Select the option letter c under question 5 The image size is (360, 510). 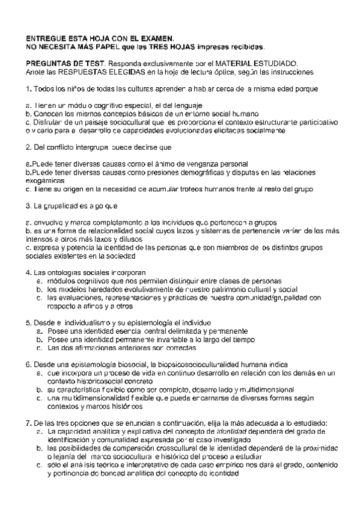click(x=39, y=348)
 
